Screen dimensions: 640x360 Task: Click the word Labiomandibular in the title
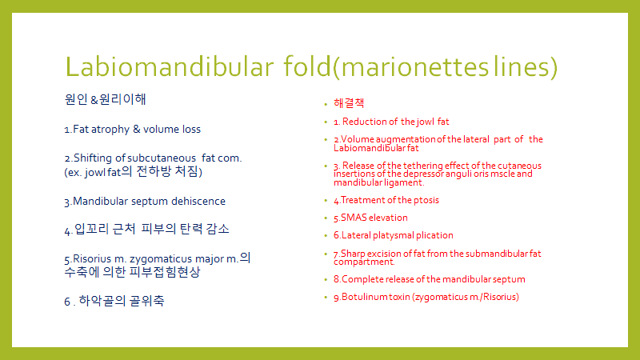pos(170,66)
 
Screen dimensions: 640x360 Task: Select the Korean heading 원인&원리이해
pos(105,99)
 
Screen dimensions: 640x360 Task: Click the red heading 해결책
pos(349,103)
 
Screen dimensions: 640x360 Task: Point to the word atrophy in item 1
pos(110,130)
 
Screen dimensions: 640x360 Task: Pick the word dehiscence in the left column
pos(198,202)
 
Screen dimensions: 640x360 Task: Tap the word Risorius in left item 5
pos(92,258)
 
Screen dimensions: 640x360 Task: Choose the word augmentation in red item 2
pos(406,139)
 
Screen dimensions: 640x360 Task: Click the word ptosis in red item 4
pos(426,201)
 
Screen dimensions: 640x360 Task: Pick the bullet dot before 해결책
pos(326,105)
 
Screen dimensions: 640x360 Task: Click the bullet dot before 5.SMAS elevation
pos(326,218)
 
